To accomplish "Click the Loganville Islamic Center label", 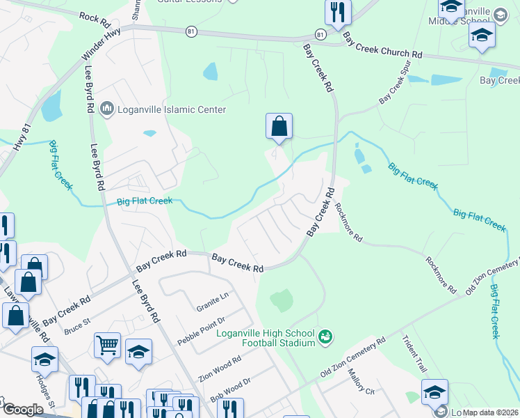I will (x=172, y=109).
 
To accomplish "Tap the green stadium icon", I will (x=324, y=338).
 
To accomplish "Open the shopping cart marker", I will (x=107, y=344).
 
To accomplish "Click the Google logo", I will (x=22, y=410).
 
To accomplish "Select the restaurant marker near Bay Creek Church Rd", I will (x=338, y=12).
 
